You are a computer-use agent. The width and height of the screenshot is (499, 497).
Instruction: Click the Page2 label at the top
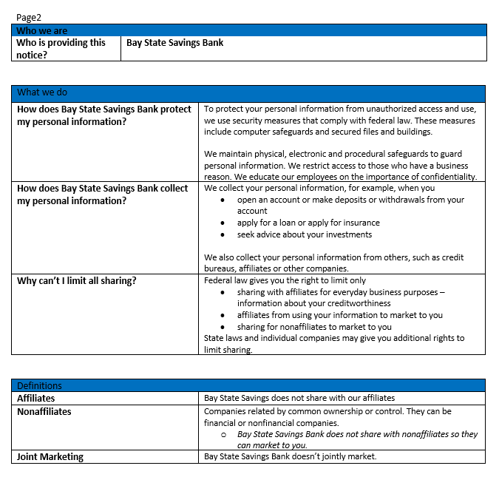click(x=28, y=16)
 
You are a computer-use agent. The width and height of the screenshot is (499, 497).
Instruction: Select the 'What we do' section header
click(x=41, y=92)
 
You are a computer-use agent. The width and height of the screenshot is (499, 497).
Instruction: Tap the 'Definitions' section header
click(x=39, y=385)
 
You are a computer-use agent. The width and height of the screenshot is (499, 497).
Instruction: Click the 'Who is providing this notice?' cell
click(x=61, y=48)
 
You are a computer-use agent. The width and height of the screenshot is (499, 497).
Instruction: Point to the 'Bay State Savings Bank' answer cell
click(x=174, y=43)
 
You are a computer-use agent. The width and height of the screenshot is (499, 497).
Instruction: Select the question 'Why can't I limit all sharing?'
click(x=77, y=281)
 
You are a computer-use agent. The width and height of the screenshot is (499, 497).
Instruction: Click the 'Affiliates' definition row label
click(x=36, y=398)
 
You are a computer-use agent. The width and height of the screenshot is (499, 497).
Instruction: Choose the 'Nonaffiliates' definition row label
click(x=44, y=411)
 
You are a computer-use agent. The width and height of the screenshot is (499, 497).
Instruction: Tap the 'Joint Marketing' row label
click(x=50, y=456)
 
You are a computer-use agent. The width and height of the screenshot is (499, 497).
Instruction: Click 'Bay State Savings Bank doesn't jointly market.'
click(x=290, y=456)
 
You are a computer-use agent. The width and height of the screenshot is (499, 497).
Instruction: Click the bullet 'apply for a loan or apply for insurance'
click(x=308, y=223)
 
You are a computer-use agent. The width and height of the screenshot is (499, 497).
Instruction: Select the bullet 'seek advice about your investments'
click(x=305, y=234)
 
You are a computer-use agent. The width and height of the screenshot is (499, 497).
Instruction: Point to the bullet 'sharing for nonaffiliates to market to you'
click(x=314, y=327)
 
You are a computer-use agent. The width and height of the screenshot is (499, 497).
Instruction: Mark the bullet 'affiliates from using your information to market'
click(x=340, y=315)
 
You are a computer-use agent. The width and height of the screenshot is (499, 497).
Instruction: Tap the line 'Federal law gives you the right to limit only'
click(x=285, y=280)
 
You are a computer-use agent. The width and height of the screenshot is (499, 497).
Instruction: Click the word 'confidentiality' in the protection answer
click(x=446, y=177)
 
